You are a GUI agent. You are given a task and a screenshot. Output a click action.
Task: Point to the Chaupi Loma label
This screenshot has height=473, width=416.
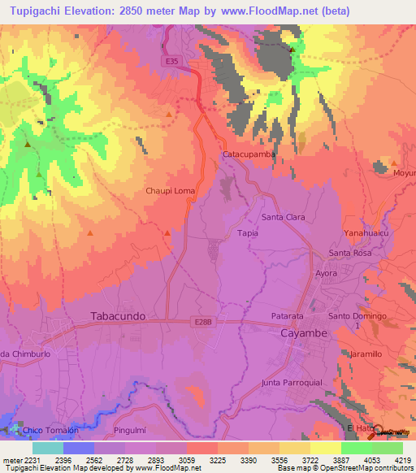coord(170,190)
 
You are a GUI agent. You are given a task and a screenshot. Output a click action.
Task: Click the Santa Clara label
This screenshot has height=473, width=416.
coord(283,217)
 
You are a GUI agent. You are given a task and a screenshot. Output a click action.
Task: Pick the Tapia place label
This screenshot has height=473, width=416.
coord(247,232)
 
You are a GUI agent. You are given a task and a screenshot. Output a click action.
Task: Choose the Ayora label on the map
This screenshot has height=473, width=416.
coord(326,273)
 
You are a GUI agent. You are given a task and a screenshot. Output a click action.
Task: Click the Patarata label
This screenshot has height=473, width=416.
coord(287,315)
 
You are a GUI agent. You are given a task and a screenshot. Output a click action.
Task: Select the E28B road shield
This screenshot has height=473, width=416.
coord(204,322)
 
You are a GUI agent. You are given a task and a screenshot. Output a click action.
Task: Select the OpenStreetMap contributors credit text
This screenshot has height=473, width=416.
coord(375,469)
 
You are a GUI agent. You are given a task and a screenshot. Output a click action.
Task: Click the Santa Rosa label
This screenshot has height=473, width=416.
coord(350,253)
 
